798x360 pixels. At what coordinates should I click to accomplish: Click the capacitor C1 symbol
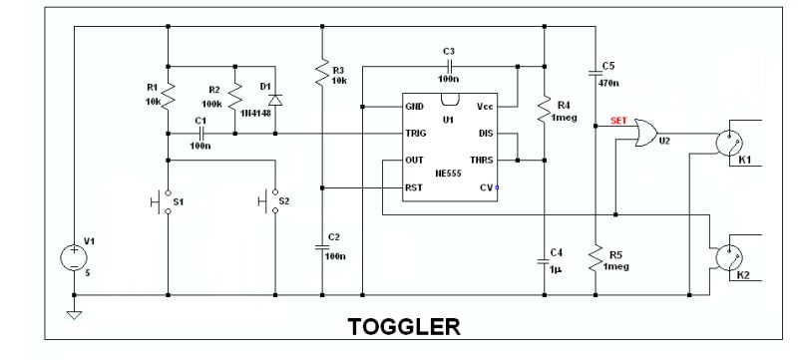[201, 133]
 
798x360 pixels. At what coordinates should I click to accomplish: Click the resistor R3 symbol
[322, 72]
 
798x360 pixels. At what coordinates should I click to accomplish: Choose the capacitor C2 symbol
[322, 245]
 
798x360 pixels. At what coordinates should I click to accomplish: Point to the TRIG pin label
[416, 133]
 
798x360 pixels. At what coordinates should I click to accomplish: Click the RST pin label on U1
[414, 186]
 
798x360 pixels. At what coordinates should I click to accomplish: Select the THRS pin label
[482, 160]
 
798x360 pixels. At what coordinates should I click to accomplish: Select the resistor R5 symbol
[596, 260]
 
